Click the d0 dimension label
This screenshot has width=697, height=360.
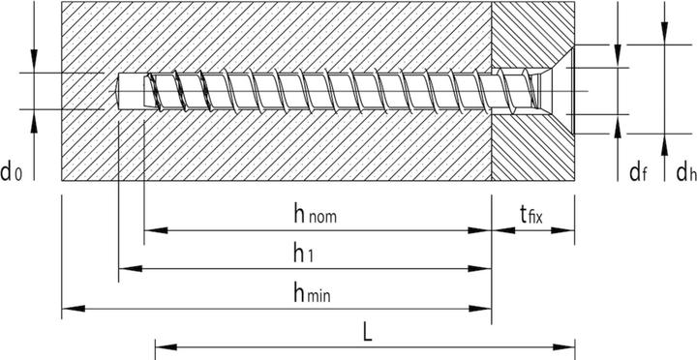(x=13, y=172)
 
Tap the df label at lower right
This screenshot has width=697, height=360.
(x=637, y=172)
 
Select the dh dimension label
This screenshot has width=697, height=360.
(x=686, y=172)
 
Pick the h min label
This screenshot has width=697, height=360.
(x=312, y=293)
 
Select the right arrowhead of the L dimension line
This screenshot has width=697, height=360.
(x=570, y=344)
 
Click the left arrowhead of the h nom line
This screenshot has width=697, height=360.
(x=149, y=231)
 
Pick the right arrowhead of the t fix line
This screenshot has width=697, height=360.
(x=570, y=231)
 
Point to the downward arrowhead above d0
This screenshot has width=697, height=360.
(x=34, y=65)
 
